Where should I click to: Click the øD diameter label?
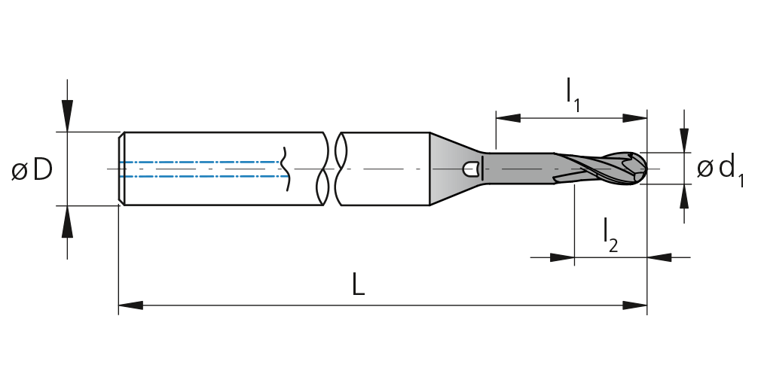[32, 170]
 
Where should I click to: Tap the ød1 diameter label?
[720, 170]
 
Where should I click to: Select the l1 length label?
[573, 95]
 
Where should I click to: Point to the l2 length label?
[610, 235]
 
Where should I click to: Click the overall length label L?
[358, 284]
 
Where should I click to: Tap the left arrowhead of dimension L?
[130, 305]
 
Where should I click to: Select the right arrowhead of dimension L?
[634, 305]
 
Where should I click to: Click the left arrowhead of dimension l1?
[508, 118]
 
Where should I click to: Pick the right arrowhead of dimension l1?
[634, 118]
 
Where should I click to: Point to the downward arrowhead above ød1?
[684, 140]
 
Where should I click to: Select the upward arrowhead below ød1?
[684, 196]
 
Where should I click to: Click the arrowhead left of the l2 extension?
[562, 257]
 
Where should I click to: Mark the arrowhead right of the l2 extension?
[659, 257]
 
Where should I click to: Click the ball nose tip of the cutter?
[646, 169]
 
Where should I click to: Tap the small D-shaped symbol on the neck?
[471, 169]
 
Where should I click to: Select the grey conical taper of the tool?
[454, 169]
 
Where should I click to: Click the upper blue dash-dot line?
[200, 162]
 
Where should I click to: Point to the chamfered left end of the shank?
[122, 169]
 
